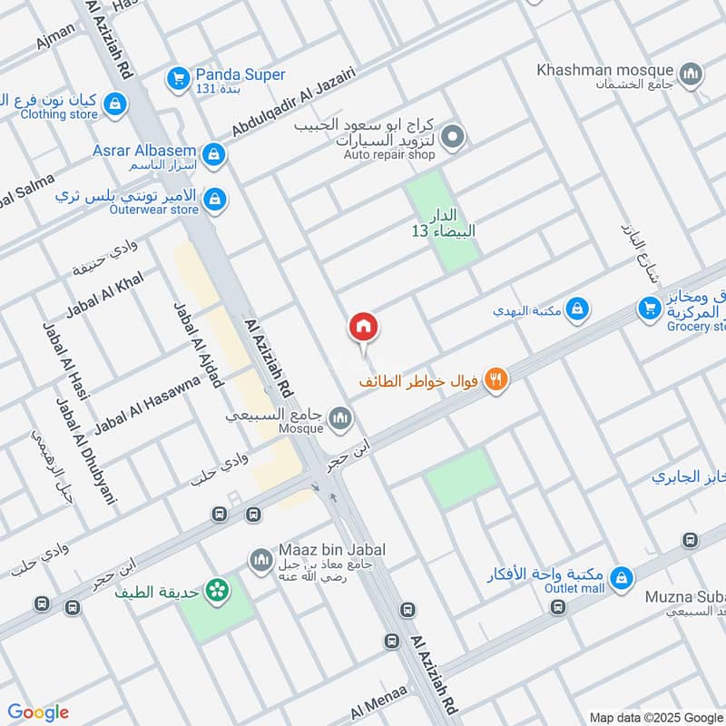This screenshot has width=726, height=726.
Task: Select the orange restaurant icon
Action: pyautogui.click(x=495, y=380)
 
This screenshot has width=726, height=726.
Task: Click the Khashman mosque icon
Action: pyautogui.click(x=692, y=74)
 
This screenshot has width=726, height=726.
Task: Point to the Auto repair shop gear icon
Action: pyautogui.click(x=455, y=139)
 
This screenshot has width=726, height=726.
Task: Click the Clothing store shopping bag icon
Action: pyautogui.click(x=114, y=104)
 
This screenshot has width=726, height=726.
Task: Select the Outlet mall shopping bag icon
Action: pyautogui.click(x=622, y=577)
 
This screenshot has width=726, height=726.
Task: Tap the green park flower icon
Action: pyautogui.click(x=217, y=592)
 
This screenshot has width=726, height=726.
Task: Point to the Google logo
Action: pyautogui.click(x=38, y=712)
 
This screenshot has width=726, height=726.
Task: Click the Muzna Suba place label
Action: pyautogui.click(x=684, y=596)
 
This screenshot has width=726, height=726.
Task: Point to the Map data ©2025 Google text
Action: pyautogui.click(x=656, y=716)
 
